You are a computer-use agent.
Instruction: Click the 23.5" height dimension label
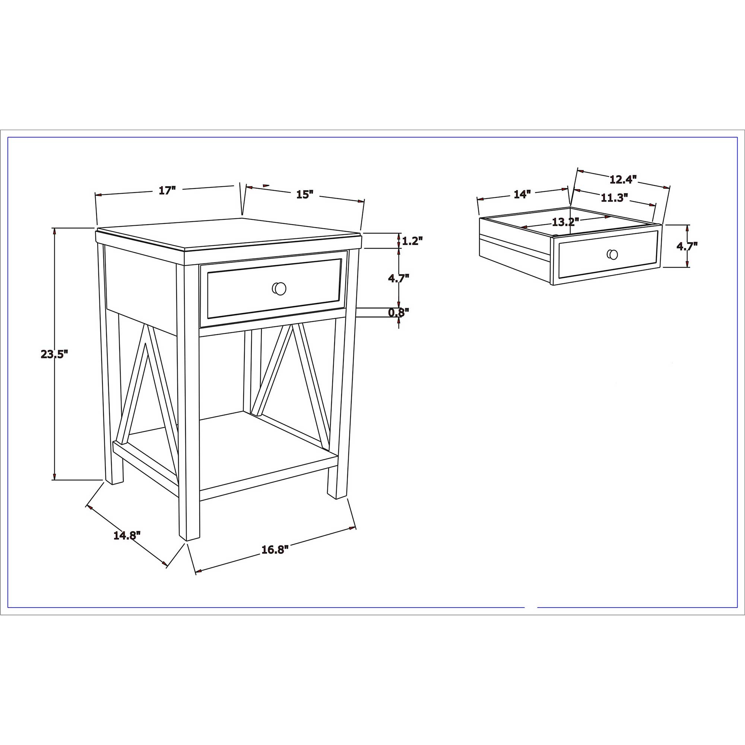tap(54, 354)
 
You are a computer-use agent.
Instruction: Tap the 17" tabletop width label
tap(167, 190)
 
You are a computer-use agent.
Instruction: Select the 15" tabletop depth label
tap(305, 194)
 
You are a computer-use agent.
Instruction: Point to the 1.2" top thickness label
tap(412, 241)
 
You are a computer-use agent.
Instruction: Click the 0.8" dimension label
tap(398, 313)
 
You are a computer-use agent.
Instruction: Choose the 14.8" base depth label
tap(127, 535)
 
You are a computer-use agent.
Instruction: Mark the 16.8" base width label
tap(275, 550)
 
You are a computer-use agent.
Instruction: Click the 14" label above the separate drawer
tap(522, 194)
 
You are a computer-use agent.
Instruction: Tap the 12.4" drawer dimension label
tap(623, 179)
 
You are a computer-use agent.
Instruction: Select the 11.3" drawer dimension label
tap(615, 198)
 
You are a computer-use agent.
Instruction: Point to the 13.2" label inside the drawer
tap(566, 222)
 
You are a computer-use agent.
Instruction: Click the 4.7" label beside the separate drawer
tap(687, 246)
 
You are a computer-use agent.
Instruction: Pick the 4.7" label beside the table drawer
tap(398, 278)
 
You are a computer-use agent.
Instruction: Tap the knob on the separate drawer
tap(612, 254)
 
